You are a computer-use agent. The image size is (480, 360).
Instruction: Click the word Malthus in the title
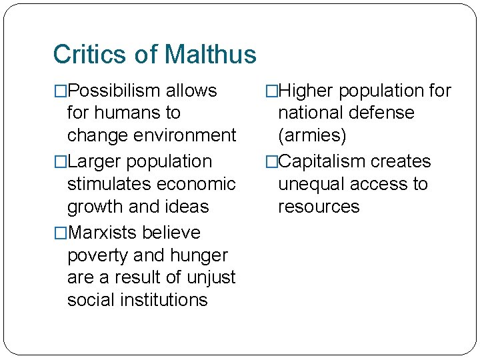[x=210, y=54]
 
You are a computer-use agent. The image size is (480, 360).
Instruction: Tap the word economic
[x=199, y=184]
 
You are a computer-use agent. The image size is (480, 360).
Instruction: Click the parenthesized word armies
[x=312, y=136]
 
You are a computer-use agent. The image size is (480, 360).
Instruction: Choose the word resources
[x=319, y=207]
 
